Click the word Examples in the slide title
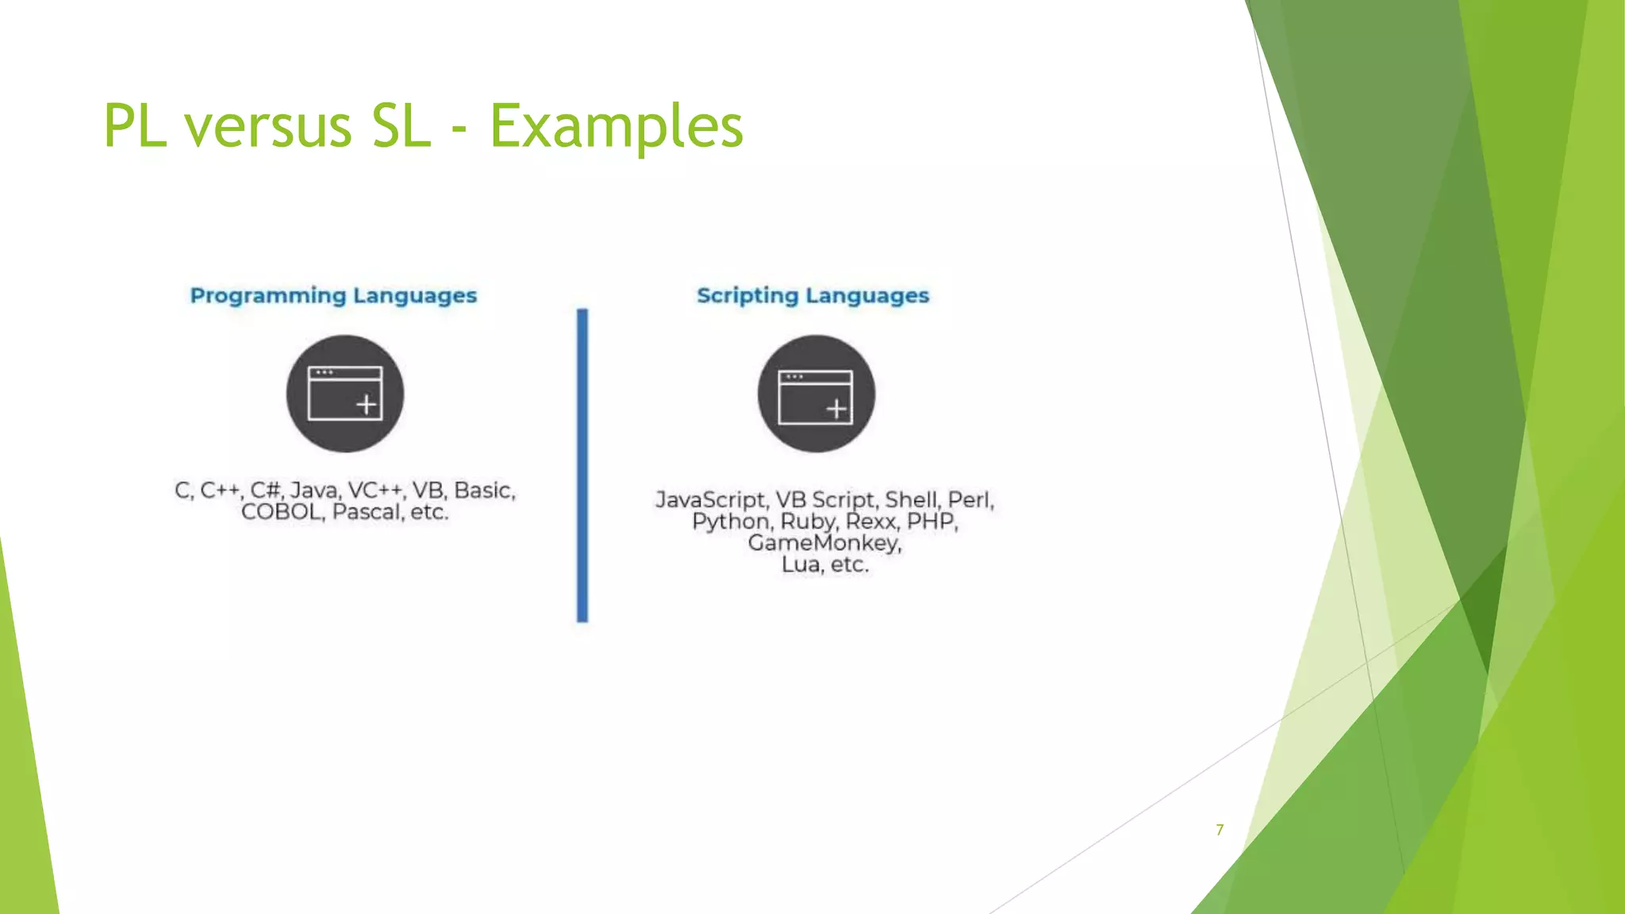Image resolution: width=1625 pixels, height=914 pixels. point(617,127)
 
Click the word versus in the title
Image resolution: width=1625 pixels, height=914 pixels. point(267,127)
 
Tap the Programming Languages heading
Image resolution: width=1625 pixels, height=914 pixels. point(333,295)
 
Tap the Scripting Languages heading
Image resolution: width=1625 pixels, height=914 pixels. point(812,295)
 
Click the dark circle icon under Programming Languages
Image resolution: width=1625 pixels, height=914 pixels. point(345,394)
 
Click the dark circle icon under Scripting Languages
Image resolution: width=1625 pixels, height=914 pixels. point(816,394)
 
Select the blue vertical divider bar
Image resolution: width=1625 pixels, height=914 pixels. point(582,465)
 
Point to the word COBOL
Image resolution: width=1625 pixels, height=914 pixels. point(282,512)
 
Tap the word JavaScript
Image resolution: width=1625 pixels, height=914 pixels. point(711,500)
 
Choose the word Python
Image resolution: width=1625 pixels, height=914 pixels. point(731,521)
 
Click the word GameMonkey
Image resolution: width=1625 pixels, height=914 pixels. point(824,543)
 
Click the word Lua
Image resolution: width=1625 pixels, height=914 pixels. point(801,564)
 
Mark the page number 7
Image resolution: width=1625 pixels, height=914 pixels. point(1220,830)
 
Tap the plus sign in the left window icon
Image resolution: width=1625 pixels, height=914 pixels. point(366,405)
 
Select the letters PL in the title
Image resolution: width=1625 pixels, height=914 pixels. point(135,127)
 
